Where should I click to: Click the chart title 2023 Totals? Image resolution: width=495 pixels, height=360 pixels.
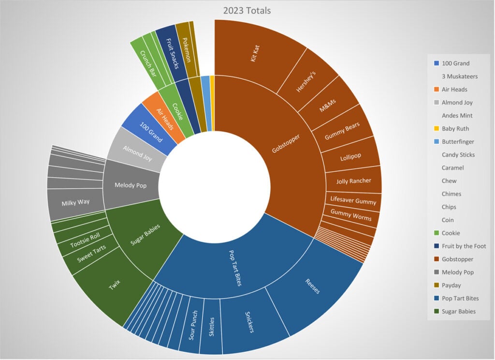click(247, 10)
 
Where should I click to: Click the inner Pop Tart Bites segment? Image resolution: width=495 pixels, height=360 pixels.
click(232, 266)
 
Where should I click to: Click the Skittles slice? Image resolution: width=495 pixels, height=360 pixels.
click(210, 327)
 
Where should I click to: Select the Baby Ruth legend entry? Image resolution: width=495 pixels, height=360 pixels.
click(455, 129)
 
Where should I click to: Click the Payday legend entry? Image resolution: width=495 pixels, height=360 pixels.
click(451, 285)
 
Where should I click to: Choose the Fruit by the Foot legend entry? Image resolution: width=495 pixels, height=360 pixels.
click(464, 246)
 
